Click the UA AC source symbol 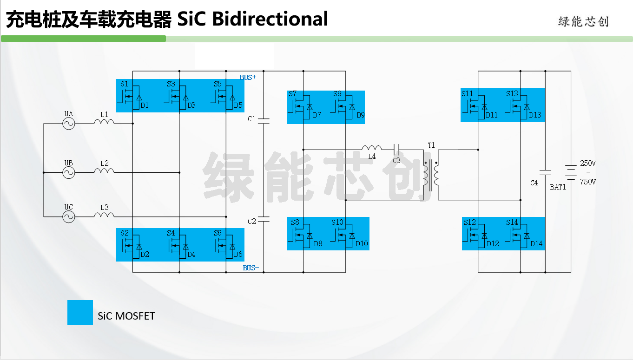68,124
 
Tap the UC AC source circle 68,217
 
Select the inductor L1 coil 104,122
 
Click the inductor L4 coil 372,148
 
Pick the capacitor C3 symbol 396,150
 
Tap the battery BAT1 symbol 571,172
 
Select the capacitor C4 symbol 545,172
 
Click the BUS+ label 248,77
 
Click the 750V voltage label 588,182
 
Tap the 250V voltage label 588,164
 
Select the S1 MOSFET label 124,84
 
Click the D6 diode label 238,255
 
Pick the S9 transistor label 337,94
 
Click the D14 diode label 536,244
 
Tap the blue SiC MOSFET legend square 80,312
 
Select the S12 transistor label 470,223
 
